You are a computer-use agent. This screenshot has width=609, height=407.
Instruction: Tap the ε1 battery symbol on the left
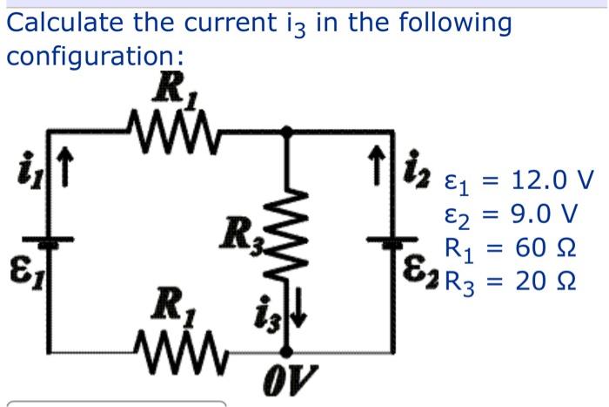(45, 245)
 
